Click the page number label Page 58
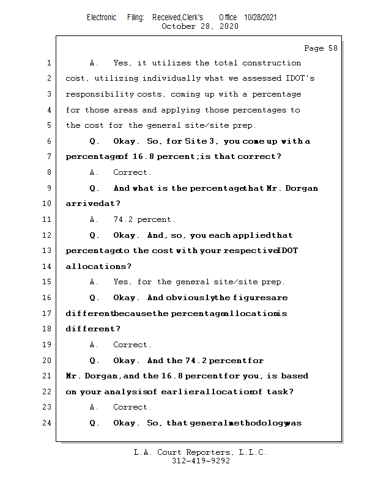coord(321,48)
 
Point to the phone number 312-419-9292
coord(201,461)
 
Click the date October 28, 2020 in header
coord(199,26)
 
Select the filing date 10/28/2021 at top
coord(260,18)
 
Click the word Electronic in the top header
coord(102,18)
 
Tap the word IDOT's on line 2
coord(294,78)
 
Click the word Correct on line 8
coord(132,172)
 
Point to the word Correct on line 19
coord(132,345)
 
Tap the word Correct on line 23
coord(132,407)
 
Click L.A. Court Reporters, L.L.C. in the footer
coord(201,453)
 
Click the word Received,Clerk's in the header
coord(177,18)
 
